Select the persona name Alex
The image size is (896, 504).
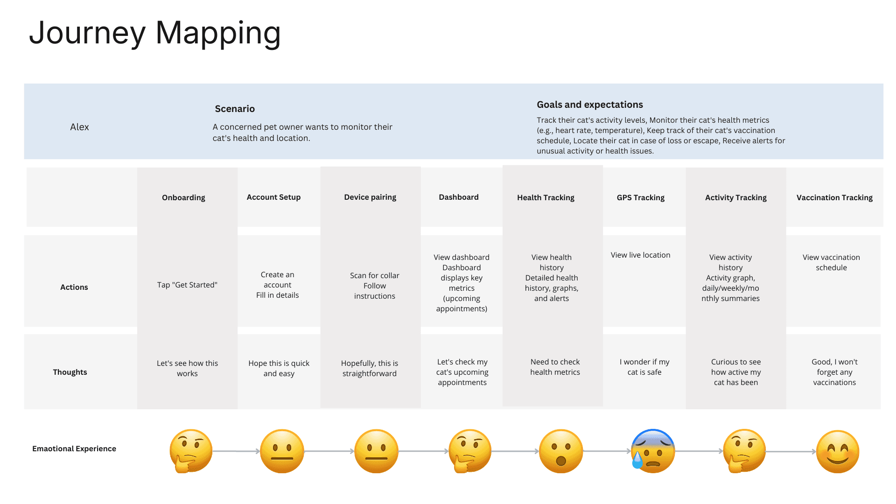tap(79, 127)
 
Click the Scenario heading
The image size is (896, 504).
tap(235, 109)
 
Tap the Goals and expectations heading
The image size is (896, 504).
tap(589, 105)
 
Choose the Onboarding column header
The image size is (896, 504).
tap(183, 197)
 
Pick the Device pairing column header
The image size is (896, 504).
tap(370, 197)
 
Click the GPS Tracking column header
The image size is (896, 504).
tap(640, 197)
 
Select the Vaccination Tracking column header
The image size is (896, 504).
tap(834, 197)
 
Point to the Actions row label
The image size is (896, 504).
tap(74, 287)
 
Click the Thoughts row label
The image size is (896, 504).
tap(70, 372)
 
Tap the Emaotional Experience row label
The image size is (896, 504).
tap(74, 448)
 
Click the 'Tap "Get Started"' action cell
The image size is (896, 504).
tap(187, 285)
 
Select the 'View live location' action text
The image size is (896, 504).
tap(640, 255)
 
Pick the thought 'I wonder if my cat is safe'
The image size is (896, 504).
tap(644, 367)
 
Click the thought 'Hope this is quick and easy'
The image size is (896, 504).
tap(279, 368)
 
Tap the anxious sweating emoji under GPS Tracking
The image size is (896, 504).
tap(652, 451)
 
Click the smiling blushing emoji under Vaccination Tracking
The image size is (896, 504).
tap(837, 451)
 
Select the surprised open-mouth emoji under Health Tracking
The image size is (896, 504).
tap(560, 451)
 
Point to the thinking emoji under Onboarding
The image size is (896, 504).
tap(190, 451)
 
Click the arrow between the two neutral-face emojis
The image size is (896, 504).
tap(329, 451)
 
